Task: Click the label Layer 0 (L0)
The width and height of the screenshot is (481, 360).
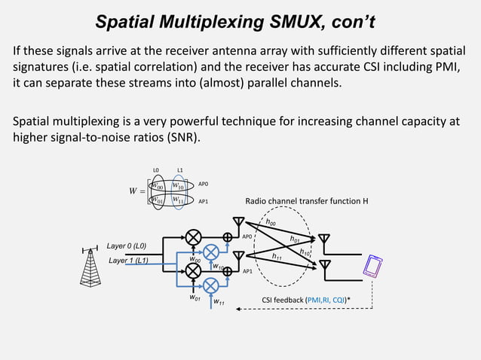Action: pyautogui.click(x=127, y=246)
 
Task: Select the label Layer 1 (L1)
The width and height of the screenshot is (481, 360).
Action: pyautogui.click(x=127, y=261)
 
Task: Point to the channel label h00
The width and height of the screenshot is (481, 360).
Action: pyautogui.click(x=271, y=222)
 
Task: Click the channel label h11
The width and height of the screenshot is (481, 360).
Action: pyautogui.click(x=277, y=256)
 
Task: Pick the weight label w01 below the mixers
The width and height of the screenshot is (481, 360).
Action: pyautogui.click(x=195, y=298)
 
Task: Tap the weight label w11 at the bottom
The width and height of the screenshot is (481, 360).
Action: pyautogui.click(x=219, y=302)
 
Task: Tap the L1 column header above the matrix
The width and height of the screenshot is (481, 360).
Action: pyautogui.click(x=179, y=169)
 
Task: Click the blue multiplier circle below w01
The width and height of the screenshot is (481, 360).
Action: pyautogui.click(x=211, y=284)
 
